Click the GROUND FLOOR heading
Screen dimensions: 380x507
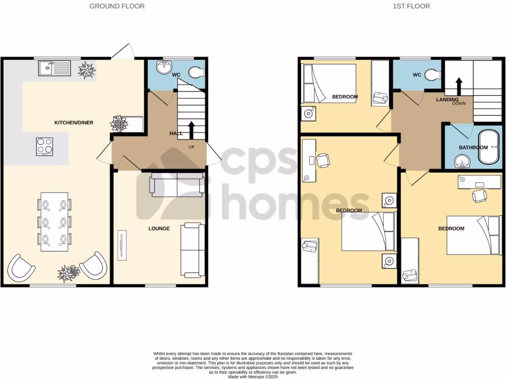117,6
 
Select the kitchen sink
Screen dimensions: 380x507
55,68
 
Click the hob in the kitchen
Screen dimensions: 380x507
45,146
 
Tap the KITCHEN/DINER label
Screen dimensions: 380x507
74,123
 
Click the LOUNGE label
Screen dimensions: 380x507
159,229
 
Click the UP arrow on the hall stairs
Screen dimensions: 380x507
191,130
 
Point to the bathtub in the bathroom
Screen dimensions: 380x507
489,147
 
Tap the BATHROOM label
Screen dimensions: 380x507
473,147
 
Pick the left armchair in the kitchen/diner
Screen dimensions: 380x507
21,267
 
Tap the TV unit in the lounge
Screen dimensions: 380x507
121,245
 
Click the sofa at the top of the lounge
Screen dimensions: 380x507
177,185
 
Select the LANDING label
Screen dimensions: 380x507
447,100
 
